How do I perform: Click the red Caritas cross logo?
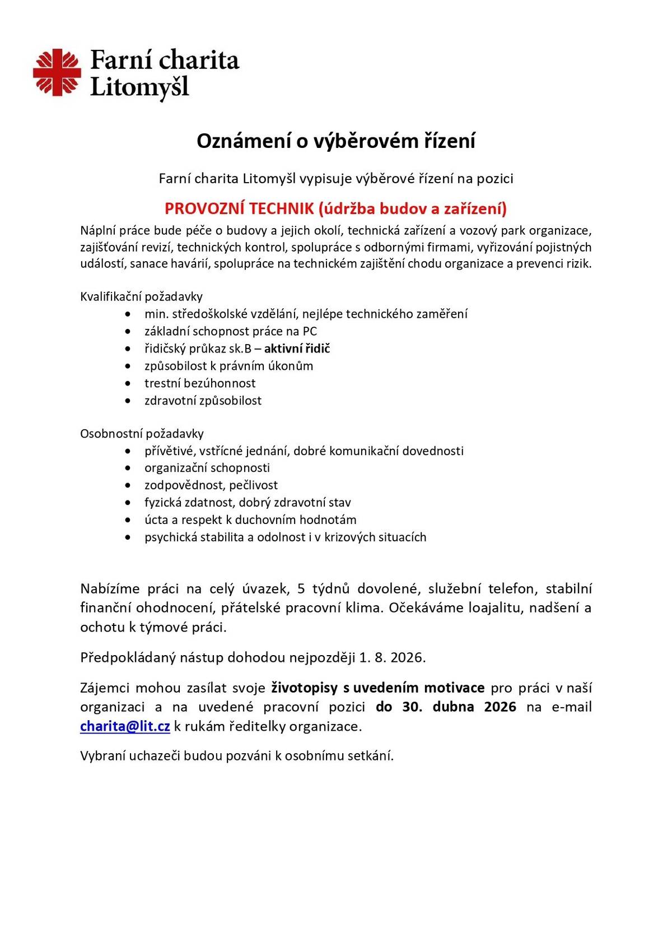[57, 72]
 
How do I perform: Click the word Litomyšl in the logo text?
[139, 88]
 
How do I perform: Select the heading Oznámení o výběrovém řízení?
[335, 141]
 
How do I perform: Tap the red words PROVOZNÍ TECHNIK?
[239, 209]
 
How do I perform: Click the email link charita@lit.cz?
[125, 726]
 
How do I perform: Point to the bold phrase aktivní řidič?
[297, 349]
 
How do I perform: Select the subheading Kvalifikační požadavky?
[141, 296]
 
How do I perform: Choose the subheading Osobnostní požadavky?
[142, 433]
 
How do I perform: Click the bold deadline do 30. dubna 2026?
[446, 707]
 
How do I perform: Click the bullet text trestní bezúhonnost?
[200, 383]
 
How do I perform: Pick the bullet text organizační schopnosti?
[207, 468]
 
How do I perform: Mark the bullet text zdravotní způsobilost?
[203, 401]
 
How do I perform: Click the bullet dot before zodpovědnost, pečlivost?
[129, 486]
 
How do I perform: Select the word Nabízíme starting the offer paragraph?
[110, 589]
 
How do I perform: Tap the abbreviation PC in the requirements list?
[310, 331]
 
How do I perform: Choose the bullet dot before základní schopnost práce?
[129, 332]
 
